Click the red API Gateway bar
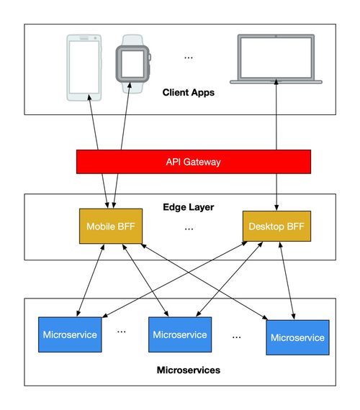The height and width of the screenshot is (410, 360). tap(194, 162)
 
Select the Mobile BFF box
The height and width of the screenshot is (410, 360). tap(111, 226)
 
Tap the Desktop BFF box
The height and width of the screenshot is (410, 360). tap(276, 226)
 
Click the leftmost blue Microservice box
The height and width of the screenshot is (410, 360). tap(70, 334)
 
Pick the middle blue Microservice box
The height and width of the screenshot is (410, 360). tap(180, 334)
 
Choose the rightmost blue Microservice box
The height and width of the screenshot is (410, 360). tap(297, 337)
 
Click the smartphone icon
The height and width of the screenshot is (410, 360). tap(84, 68)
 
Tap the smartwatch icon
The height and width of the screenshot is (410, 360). tap(133, 64)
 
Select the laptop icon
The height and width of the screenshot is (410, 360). tap(276, 59)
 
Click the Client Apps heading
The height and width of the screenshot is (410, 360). tap(189, 92)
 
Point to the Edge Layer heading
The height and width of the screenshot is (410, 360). tap(189, 207)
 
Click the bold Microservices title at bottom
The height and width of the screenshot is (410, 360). tap(189, 370)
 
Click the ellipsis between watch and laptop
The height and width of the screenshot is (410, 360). tap(189, 58)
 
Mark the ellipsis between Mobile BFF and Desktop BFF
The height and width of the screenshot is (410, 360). tap(189, 229)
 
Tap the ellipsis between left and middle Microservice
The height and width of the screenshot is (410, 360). tap(121, 332)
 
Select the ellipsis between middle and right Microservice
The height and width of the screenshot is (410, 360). tap(236, 337)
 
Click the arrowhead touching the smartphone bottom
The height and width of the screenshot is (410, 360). tap(89, 98)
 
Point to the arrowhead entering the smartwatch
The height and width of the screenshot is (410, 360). tap(130, 86)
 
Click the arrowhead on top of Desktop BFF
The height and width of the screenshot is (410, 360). tap(276, 208)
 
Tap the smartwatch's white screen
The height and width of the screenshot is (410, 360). tap(132, 64)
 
